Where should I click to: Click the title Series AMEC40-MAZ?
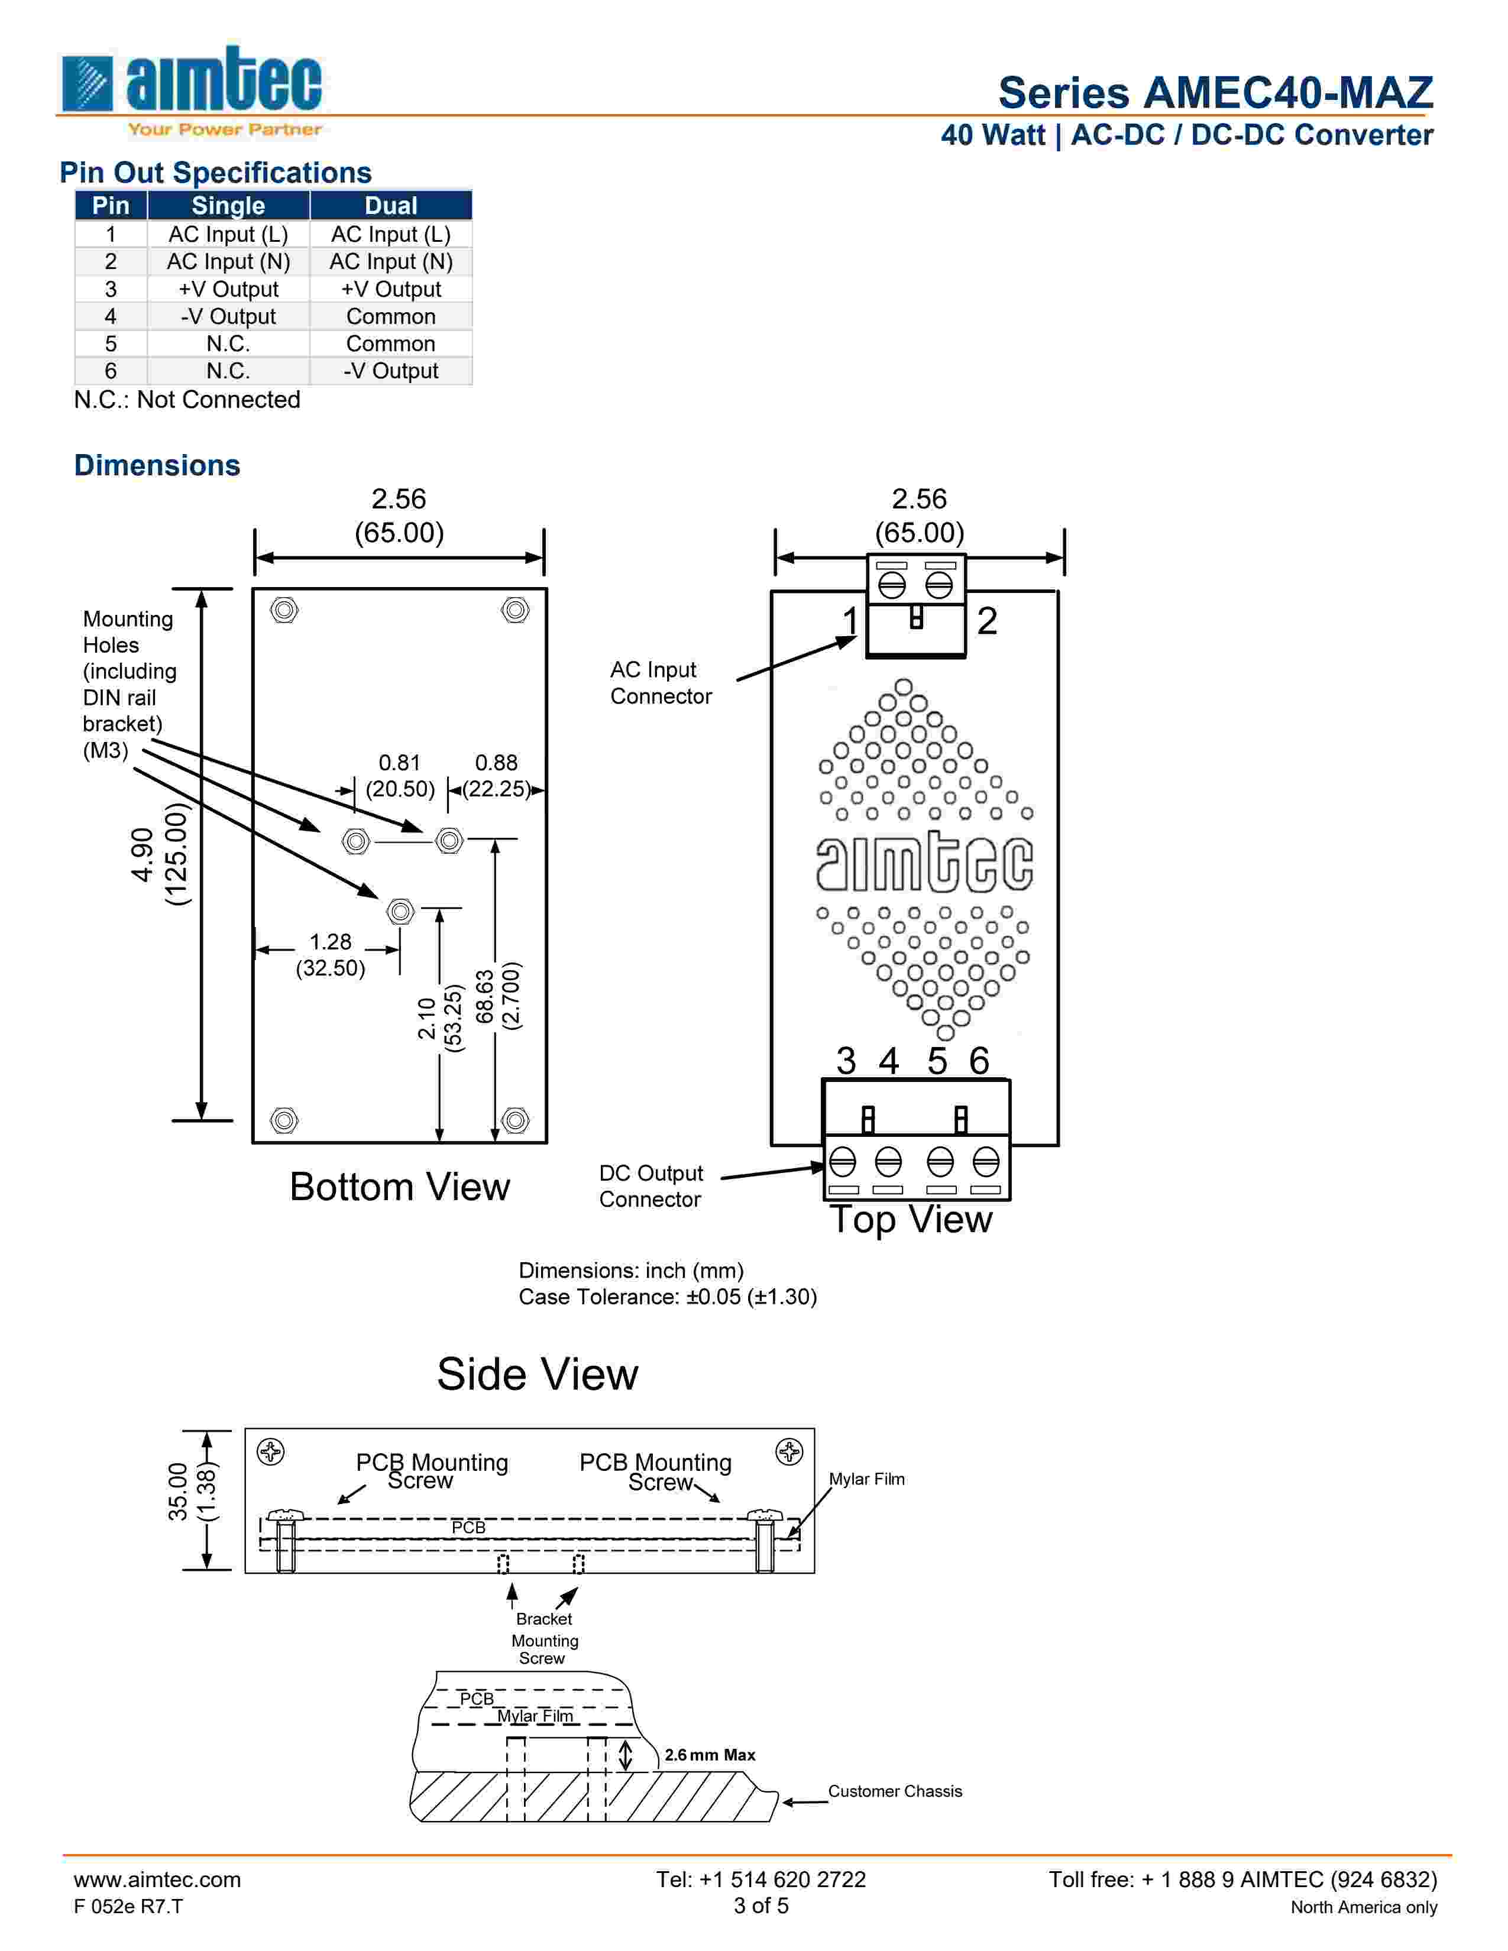coord(1215,93)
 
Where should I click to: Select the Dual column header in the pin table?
coord(390,206)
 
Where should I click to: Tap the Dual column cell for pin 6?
coord(390,371)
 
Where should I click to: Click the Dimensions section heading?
coord(157,465)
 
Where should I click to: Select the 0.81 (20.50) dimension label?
coord(399,776)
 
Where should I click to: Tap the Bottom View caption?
coord(399,1187)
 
